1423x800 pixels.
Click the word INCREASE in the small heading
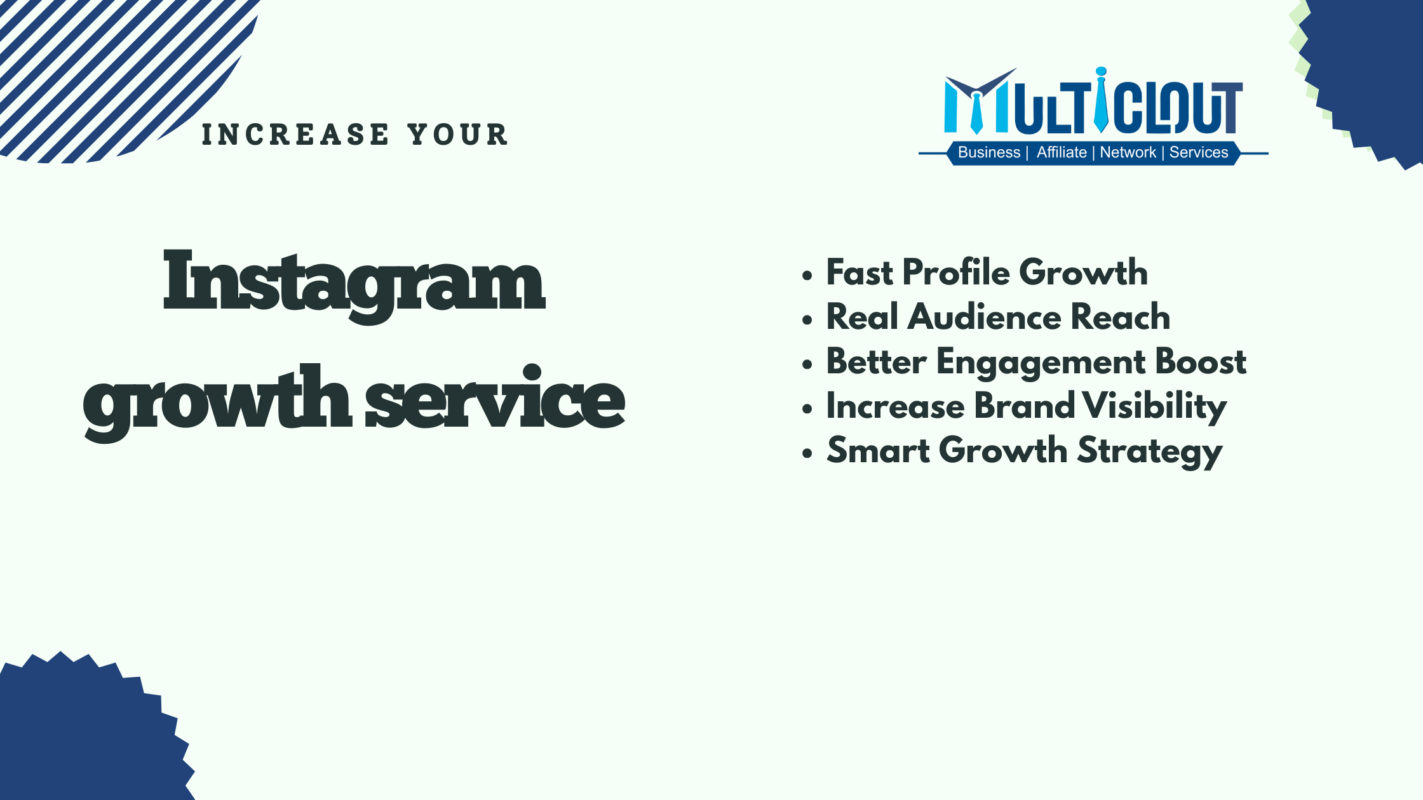tap(295, 135)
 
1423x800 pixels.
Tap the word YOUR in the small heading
tap(458, 135)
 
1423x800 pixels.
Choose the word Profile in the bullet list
tap(957, 272)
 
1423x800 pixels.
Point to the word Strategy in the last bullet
tap(1150, 451)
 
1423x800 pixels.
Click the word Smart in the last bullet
tap(878, 450)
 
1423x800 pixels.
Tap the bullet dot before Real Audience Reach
tap(807, 319)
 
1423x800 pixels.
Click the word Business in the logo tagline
tap(989, 152)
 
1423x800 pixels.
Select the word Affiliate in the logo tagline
tap(1062, 152)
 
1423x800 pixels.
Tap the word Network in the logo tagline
tap(1128, 152)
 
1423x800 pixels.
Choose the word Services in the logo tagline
tap(1199, 152)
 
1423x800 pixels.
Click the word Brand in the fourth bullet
tap(1023, 406)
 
